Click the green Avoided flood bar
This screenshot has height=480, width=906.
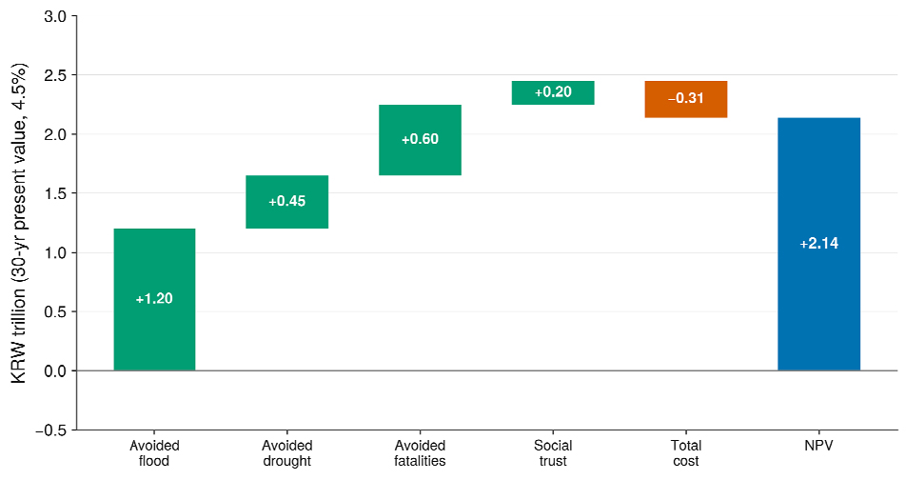coord(154,300)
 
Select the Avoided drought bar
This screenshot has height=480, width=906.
coord(287,202)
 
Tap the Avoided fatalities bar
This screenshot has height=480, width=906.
coord(420,140)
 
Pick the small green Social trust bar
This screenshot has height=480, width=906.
coord(553,92)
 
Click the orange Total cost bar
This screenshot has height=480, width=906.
coord(686,99)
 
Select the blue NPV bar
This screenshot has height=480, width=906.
coord(818,244)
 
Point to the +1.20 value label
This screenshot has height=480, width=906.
coord(154,298)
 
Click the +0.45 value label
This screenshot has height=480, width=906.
coord(287,201)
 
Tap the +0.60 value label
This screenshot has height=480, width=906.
coord(420,139)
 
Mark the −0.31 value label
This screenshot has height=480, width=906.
coord(686,98)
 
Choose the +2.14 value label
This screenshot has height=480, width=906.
coord(818,244)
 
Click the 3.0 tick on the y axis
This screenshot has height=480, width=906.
coord(55,16)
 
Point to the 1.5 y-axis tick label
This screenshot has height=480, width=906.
coord(55,193)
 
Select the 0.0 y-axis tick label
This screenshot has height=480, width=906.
coord(55,370)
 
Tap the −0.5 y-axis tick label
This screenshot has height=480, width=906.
coord(51,430)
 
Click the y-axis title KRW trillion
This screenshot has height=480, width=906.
coord(18,223)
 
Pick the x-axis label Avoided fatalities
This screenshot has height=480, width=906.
coord(420,453)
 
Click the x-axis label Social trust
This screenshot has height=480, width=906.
coord(553,453)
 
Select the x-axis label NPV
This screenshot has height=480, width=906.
coord(818,446)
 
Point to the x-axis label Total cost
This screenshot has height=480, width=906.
coord(686,453)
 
